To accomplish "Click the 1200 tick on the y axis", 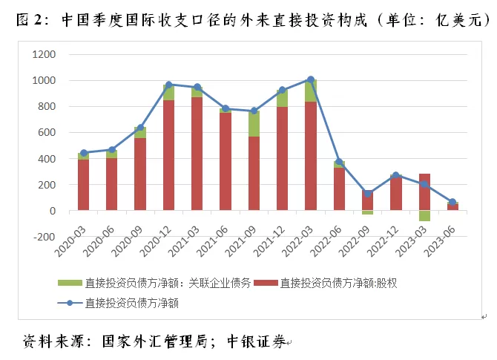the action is coord(44,54).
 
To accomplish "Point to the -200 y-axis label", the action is coord(44,237).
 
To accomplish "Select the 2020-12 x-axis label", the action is coord(156,242).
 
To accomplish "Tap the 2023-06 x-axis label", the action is coord(440,242).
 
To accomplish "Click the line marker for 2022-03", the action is coord(311,79).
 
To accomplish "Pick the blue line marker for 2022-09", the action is coord(368,193).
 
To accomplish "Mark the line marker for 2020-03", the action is coord(84,153).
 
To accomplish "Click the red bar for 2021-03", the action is coord(197,154).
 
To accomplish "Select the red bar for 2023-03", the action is coord(424,192).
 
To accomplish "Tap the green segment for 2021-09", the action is coord(254,124).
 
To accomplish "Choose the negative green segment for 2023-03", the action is coord(424,216).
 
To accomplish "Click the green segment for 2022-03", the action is coord(311,91).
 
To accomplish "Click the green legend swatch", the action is coord(70,283).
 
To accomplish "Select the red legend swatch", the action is coord(266,283).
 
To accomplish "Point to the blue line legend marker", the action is coord(70,304).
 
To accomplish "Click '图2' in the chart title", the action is coord(29,19).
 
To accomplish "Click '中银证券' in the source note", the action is coord(257,341).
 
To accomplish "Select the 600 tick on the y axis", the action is coord(47,133).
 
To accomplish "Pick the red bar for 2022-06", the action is coord(339,189).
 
